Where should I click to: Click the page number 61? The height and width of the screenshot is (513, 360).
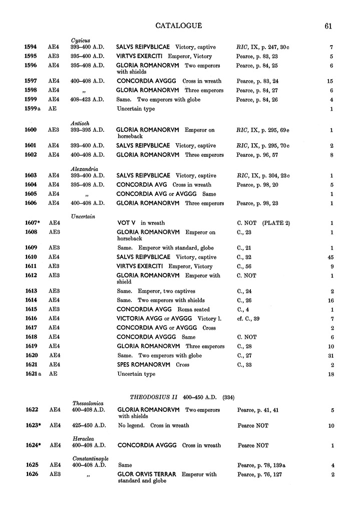(x=328, y=27)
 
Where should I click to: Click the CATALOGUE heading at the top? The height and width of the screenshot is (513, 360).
(x=179, y=26)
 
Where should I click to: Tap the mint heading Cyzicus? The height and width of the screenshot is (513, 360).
(x=81, y=40)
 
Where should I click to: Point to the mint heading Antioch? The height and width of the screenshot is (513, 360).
(x=80, y=123)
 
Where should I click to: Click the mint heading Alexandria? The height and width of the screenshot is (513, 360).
(x=83, y=169)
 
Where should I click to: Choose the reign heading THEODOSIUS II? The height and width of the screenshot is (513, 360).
(x=151, y=397)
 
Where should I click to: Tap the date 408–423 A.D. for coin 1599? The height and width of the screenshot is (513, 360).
(x=88, y=100)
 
